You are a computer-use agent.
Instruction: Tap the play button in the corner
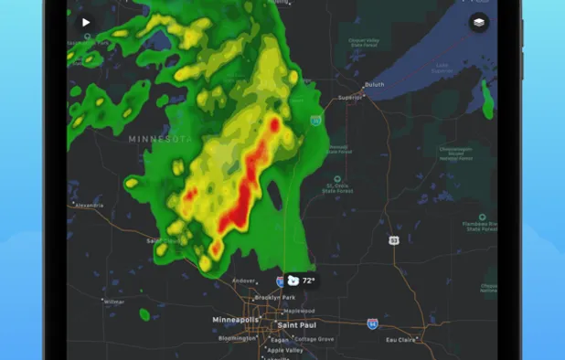pyautogui.click(x=86, y=23)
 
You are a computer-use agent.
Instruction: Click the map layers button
pyautogui.click(x=479, y=23)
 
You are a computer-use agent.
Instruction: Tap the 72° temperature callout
pyautogui.click(x=302, y=281)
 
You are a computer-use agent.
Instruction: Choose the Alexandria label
pyautogui.click(x=88, y=206)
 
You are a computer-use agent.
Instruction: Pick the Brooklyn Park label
pyautogui.click(x=273, y=298)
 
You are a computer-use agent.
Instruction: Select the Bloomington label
pyautogui.click(x=237, y=338)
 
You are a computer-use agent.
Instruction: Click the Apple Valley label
pyautogui.click(x=284, y=349)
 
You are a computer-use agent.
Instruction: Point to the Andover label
pyautogui.click(x=243, y=281)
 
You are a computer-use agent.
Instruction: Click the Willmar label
pyautogui.click(x=113, y=302)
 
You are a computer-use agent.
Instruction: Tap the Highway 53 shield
pyautogui.click(x=393, y=239)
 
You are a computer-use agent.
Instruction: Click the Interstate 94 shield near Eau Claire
pyautogui.click(x=372, y=323)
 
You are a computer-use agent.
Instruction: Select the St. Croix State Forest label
pyautogui.click(x=338, y=190)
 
